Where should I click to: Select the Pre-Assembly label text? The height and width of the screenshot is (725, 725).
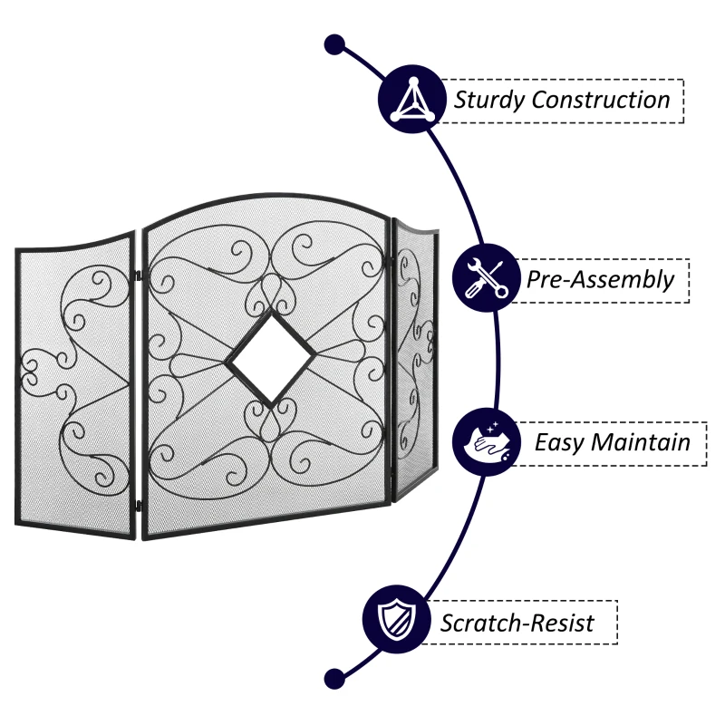[x=601, y=279]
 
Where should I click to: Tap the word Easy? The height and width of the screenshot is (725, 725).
[x=559, y=442]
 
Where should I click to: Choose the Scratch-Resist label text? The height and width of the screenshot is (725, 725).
[x=517, y=623]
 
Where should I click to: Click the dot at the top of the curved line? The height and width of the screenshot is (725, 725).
[x=334, y=43]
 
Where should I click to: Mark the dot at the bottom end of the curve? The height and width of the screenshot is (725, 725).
[x=334, y=676]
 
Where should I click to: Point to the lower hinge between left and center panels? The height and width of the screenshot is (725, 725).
[x=138, y=504]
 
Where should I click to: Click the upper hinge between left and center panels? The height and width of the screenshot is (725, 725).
[x=138, y=274]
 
